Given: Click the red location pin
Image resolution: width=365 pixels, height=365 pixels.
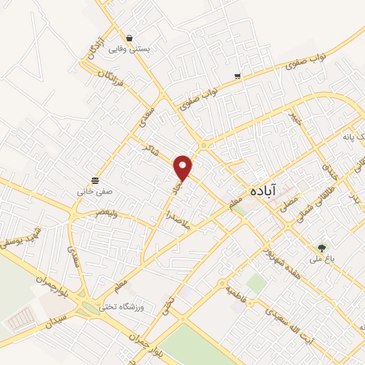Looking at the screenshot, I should (184, 167).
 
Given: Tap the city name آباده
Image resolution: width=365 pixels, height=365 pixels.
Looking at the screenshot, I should (264, 191).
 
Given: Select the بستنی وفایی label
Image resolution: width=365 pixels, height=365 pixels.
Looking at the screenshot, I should (129, 51).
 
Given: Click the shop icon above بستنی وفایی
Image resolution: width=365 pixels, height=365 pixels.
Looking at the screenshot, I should (129, 38).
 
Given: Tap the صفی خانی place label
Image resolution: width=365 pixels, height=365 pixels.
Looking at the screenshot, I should (95, 192).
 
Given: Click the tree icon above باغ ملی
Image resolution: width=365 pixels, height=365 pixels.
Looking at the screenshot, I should (322, 247).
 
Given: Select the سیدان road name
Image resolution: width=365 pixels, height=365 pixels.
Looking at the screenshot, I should (58, 314).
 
